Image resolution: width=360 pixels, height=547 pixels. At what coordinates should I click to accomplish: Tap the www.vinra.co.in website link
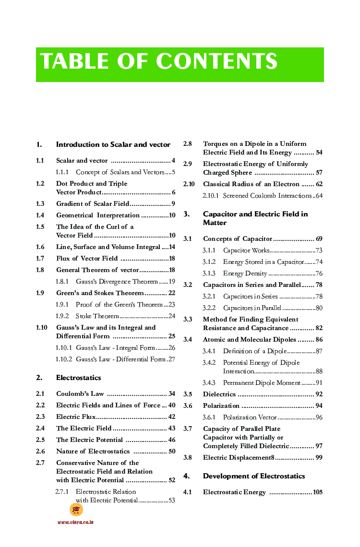[x=75, y=522]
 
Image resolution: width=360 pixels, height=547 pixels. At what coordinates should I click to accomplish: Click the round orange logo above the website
[x=76, y=510]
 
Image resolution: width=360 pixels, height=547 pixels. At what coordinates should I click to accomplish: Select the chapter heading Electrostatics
[x=79, y=378]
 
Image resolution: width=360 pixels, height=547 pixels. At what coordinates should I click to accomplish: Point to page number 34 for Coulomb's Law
[x=172, y=394]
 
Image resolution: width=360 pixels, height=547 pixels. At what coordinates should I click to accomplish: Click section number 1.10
[x=42, y=328]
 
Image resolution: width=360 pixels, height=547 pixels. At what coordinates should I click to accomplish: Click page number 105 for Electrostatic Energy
[x=317, y=492]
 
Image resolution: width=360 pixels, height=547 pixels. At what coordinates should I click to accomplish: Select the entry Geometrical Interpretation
[x=97, y=215]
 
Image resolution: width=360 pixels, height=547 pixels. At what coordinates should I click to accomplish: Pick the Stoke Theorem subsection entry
[x=97, y=316]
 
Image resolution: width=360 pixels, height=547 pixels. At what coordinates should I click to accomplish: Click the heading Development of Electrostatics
[x=254, y=476]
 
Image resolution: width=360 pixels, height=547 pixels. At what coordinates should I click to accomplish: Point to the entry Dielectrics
[x=219, y=394]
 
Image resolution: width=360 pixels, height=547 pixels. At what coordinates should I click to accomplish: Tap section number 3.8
[x=188, y=458]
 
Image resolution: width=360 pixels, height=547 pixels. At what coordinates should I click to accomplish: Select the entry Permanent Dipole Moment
[x=262, y=383]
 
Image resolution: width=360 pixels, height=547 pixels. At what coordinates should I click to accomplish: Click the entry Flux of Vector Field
[x=87, y=259]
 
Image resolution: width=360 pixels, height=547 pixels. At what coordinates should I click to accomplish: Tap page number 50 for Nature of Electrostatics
[x=172, y=452]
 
